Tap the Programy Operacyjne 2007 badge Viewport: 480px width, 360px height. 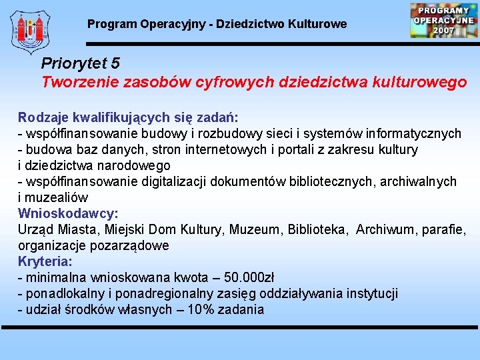pos(443,21)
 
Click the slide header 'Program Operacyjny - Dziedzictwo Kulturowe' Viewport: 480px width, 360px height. pos(217,24)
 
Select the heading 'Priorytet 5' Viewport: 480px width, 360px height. pos(81,63)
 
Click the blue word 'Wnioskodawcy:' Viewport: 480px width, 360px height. pos(68,214)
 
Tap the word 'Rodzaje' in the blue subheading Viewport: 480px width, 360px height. pos(42,118)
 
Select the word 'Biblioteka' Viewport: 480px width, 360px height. pos(317,230)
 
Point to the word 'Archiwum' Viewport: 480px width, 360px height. pos(385,230)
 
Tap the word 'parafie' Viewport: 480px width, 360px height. pos(443,230)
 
